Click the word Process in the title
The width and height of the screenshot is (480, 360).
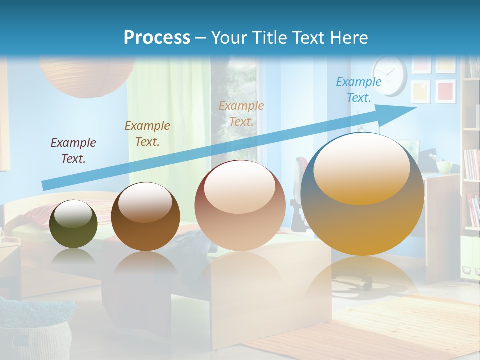tap(157, 37)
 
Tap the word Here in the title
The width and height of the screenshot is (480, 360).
tap(349, 37)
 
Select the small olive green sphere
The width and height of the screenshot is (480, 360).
tap(73, 224)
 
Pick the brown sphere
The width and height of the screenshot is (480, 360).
tap(145, 217)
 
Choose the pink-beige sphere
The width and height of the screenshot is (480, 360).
tap(240, 206)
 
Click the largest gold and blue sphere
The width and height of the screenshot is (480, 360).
tap(362, 194)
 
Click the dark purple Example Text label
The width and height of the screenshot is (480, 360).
tap(73, 150)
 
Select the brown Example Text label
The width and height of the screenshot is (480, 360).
tap(147, 133)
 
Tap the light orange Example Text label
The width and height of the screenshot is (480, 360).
tap(241, 113)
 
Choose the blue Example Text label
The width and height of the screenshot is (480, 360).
tap(359, 90)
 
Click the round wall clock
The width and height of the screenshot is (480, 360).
tap(389, 75)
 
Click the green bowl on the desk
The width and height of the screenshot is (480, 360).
tap(444, 165)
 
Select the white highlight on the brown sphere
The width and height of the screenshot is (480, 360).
tap(145, 202)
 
